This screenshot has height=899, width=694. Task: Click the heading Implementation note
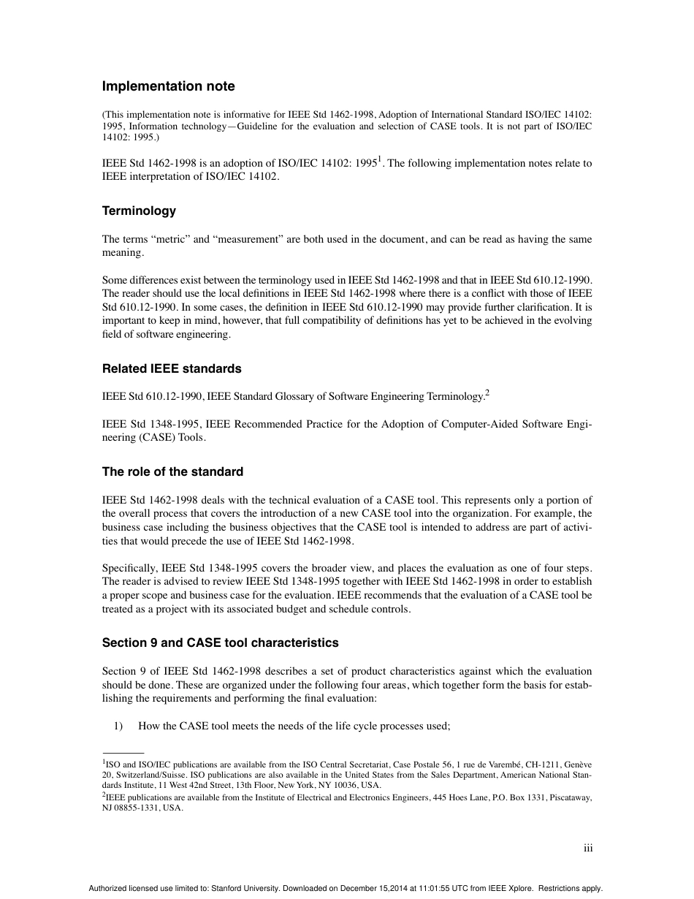(x=168, y=86)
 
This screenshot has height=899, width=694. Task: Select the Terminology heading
(x=139, y=211)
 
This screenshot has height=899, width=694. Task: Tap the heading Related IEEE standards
(x=172, y=368)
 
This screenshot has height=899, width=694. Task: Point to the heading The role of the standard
(x=172, y=472)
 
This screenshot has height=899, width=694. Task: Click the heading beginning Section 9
(x=220, y=643)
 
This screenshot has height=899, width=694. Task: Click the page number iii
(x=587, y=848)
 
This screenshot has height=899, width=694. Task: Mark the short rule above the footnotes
(x=123, y=752)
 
